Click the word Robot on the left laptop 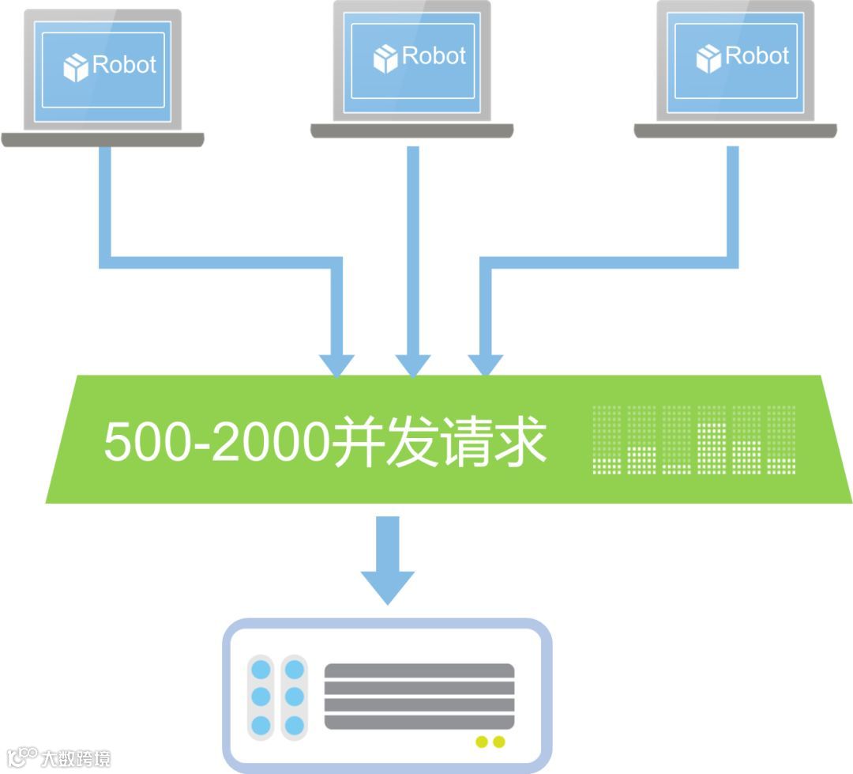click(x=124, y=64)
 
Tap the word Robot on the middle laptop click(x=434, y=55)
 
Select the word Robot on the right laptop click(x=757, y=55)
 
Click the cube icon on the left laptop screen click(x=76, y=67)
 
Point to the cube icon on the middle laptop click(x=385, y=59)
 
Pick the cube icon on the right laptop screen click(x=708, y=59)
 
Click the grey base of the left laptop click(x=103, y=140)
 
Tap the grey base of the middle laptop click(x=411, y=131)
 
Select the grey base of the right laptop click(x=735, y=131)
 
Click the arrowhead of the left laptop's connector click(x=337, y=364)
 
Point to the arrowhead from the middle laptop click(x=412, y=364)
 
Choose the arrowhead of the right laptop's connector click(x=486, y=364)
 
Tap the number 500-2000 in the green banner click(x=215, y=441)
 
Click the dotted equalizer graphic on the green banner click(x=693, y=440)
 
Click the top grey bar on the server click(x=419, y=671)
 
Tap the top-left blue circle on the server click(x=260, y=670)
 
